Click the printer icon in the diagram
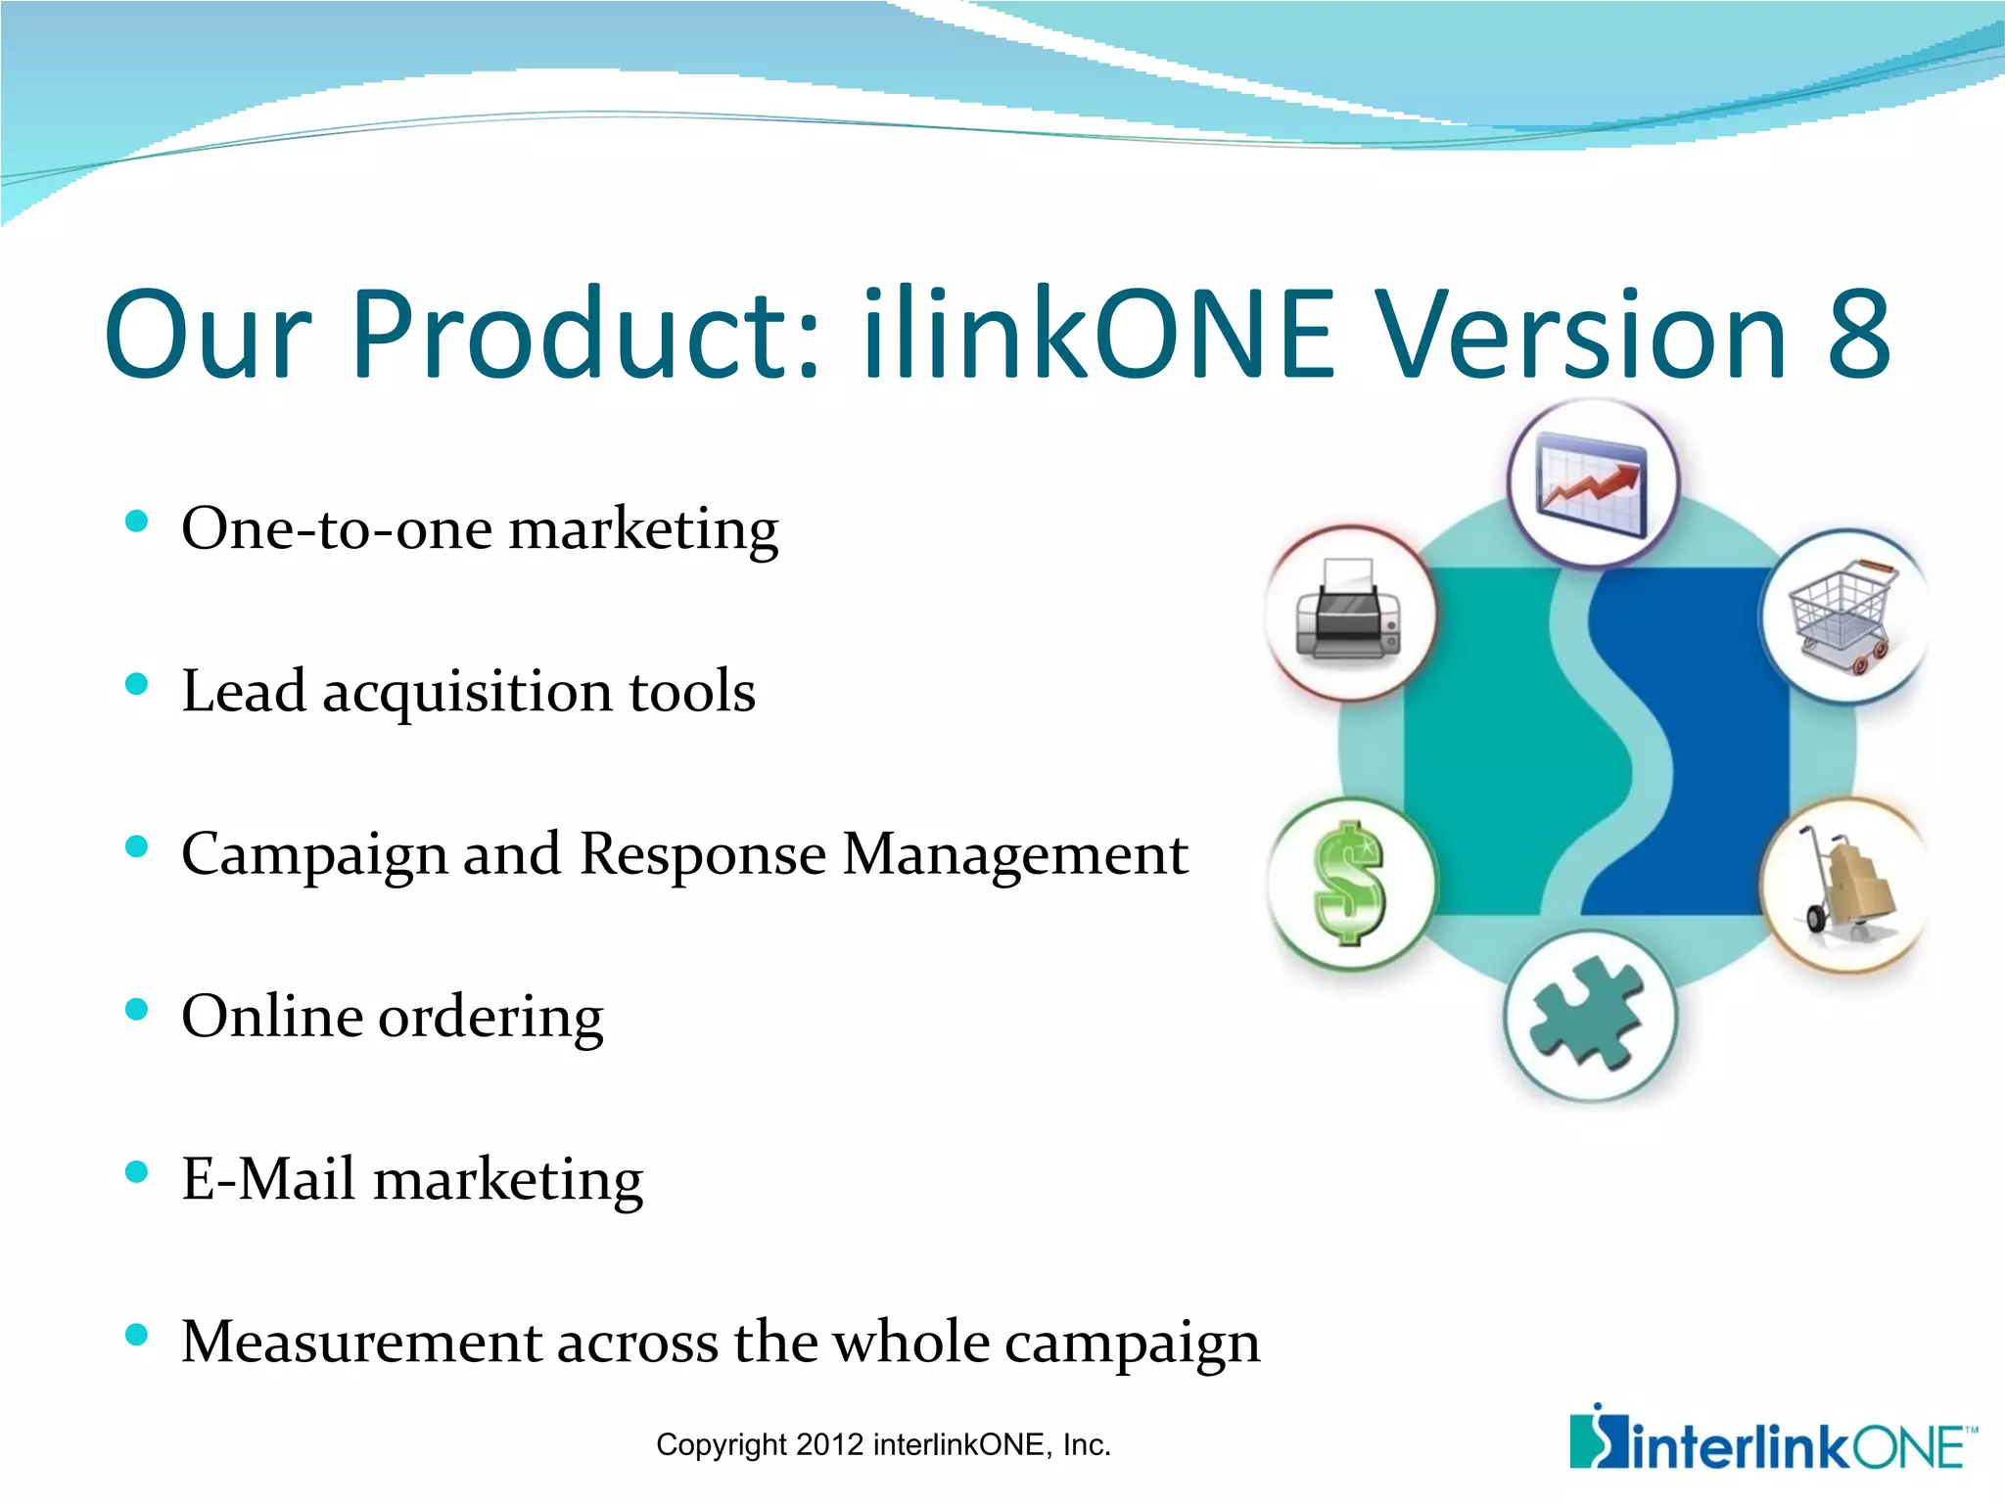pyautogui.click(x=1349, y=613)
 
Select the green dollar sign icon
pyautogui.click(x=1349, y=883)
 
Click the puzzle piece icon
pyautogui.click(x=1589, y=1018)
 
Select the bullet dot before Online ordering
pyautogui.click(x=137, y=1010)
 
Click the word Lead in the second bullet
pyautogui.click(x=244, y=691)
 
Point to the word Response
pyautogui.click(x=703, y=853)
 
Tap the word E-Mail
pyautogui.click(x=267, y=1178)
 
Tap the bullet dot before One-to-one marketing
pyautogui.click(x=137, y=522)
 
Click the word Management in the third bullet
pyautogui.click(x=1015, y=853)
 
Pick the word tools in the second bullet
pyautogui.click(x=692, y=691)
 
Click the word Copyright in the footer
pyautogui.click(x=721, y=1444)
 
